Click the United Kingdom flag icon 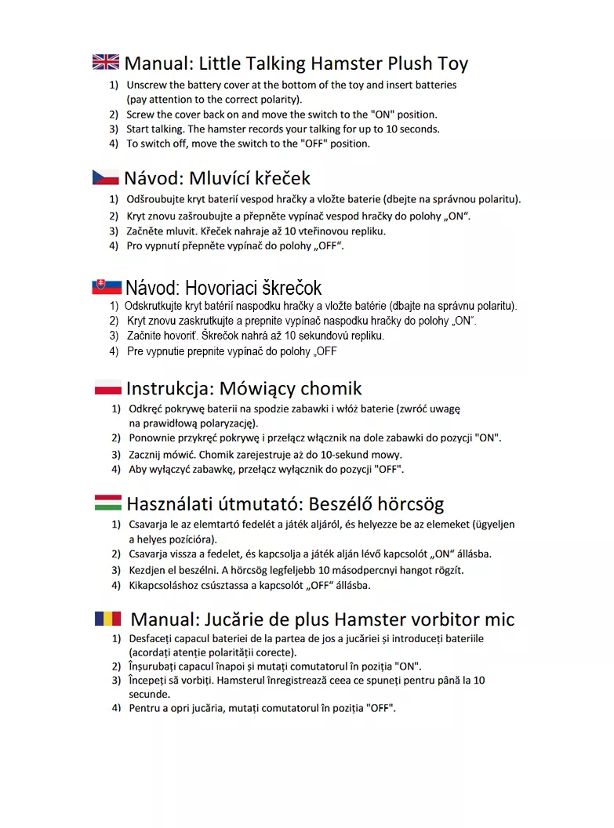click(x=106, y=63)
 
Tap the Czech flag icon click(x=106, y=177)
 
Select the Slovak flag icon click(x=106, y=287)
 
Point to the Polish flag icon click(x=107, y=387)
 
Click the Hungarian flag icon click(x=107, y=503)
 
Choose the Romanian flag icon click(x=108, y=619)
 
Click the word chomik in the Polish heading click(x=331, y=388)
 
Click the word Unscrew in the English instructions click(x=147, y=85)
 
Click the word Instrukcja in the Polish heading click(x=169, y=388)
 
